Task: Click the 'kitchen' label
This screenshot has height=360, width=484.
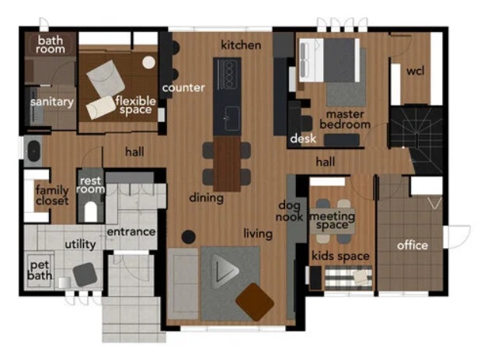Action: click(x=241, y=45)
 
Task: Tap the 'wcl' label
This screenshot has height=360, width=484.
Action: click(x=415, y=71)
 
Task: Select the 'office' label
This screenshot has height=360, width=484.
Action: click(x=413, y=246)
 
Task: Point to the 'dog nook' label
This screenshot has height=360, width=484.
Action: click(x=289, y=211)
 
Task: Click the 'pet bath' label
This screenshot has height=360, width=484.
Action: click(x=40, y=270)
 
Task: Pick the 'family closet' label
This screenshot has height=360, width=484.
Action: click(x=52, y=195)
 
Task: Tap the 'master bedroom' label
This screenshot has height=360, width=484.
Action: click(x=345, y=119)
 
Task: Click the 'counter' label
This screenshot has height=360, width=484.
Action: click(x=183, y=88)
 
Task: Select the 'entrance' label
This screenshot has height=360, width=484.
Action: click(x=131, y=232)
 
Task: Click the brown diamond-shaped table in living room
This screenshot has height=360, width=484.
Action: click(x=255, y=302)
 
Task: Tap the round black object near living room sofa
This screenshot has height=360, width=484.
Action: click(x=188, y=236)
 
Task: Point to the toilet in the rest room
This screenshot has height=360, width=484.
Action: click(x=91, y=211)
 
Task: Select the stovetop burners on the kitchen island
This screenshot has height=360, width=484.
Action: click(x=228, y=74)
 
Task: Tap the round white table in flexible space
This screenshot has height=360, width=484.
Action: click(x=148, y=62)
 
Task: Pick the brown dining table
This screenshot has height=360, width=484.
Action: click(x=227, y=164)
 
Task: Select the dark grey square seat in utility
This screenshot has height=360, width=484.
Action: click(x=85, y=274)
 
